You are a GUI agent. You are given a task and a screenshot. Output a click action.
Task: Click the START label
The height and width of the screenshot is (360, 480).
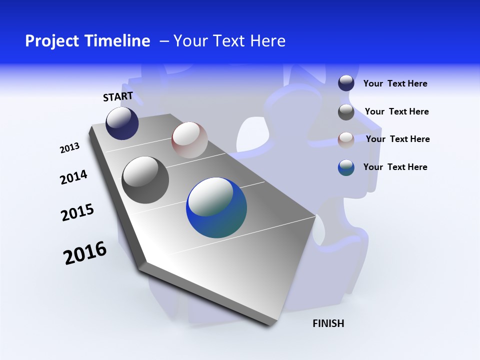click(118, 96)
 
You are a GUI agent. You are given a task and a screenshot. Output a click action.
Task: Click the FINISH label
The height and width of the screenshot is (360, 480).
click(328, 323)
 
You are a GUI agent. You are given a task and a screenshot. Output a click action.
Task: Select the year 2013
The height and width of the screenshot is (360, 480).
click(69, 148)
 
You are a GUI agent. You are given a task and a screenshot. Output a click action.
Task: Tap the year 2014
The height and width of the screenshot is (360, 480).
click(73, 177)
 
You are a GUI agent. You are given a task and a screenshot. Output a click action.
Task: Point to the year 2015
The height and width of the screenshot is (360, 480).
click(77, 212)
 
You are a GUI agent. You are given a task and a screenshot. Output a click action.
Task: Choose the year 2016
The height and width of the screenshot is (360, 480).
click(85, 253)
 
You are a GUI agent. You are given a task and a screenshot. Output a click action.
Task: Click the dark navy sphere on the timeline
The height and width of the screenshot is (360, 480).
click(122, 123)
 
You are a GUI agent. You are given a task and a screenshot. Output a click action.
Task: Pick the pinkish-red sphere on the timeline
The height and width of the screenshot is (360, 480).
click(189, 139)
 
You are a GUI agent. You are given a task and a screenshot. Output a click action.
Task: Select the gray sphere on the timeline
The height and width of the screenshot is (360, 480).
click(145, 179)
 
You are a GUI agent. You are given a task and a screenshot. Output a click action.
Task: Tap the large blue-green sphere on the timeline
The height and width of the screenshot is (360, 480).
click(216, 207)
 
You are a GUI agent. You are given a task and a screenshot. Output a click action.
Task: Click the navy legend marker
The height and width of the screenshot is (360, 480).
click(346, 83)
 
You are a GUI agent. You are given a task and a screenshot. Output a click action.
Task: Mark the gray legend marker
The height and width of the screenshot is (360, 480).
click(346, 112)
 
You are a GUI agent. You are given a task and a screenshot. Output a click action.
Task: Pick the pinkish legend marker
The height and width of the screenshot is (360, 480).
click(346, 139)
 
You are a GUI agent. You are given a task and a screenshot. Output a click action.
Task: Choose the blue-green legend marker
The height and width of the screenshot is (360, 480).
click(346, 167)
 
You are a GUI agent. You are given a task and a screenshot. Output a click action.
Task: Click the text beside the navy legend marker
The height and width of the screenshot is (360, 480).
click(395, 84)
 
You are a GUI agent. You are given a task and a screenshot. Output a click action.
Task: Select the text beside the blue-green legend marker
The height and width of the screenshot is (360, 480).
click(395, 167)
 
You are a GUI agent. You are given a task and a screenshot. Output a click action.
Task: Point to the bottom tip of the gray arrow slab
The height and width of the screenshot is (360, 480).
click(270, 324)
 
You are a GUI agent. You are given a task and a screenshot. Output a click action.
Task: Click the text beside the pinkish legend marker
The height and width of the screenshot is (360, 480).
click(397, 139)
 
